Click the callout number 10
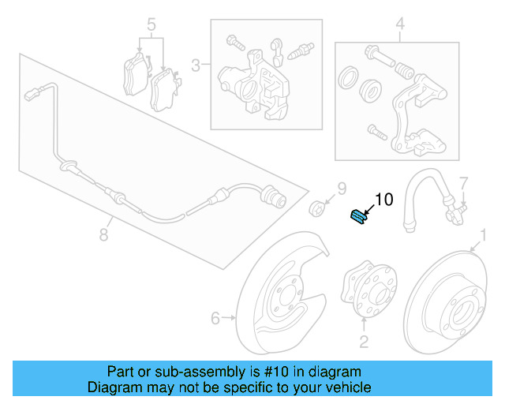(383, 200)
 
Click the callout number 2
(364, 341)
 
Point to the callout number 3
(194, 64)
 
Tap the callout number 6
(215, 318)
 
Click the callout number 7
(464, 182)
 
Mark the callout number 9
(342, 188)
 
